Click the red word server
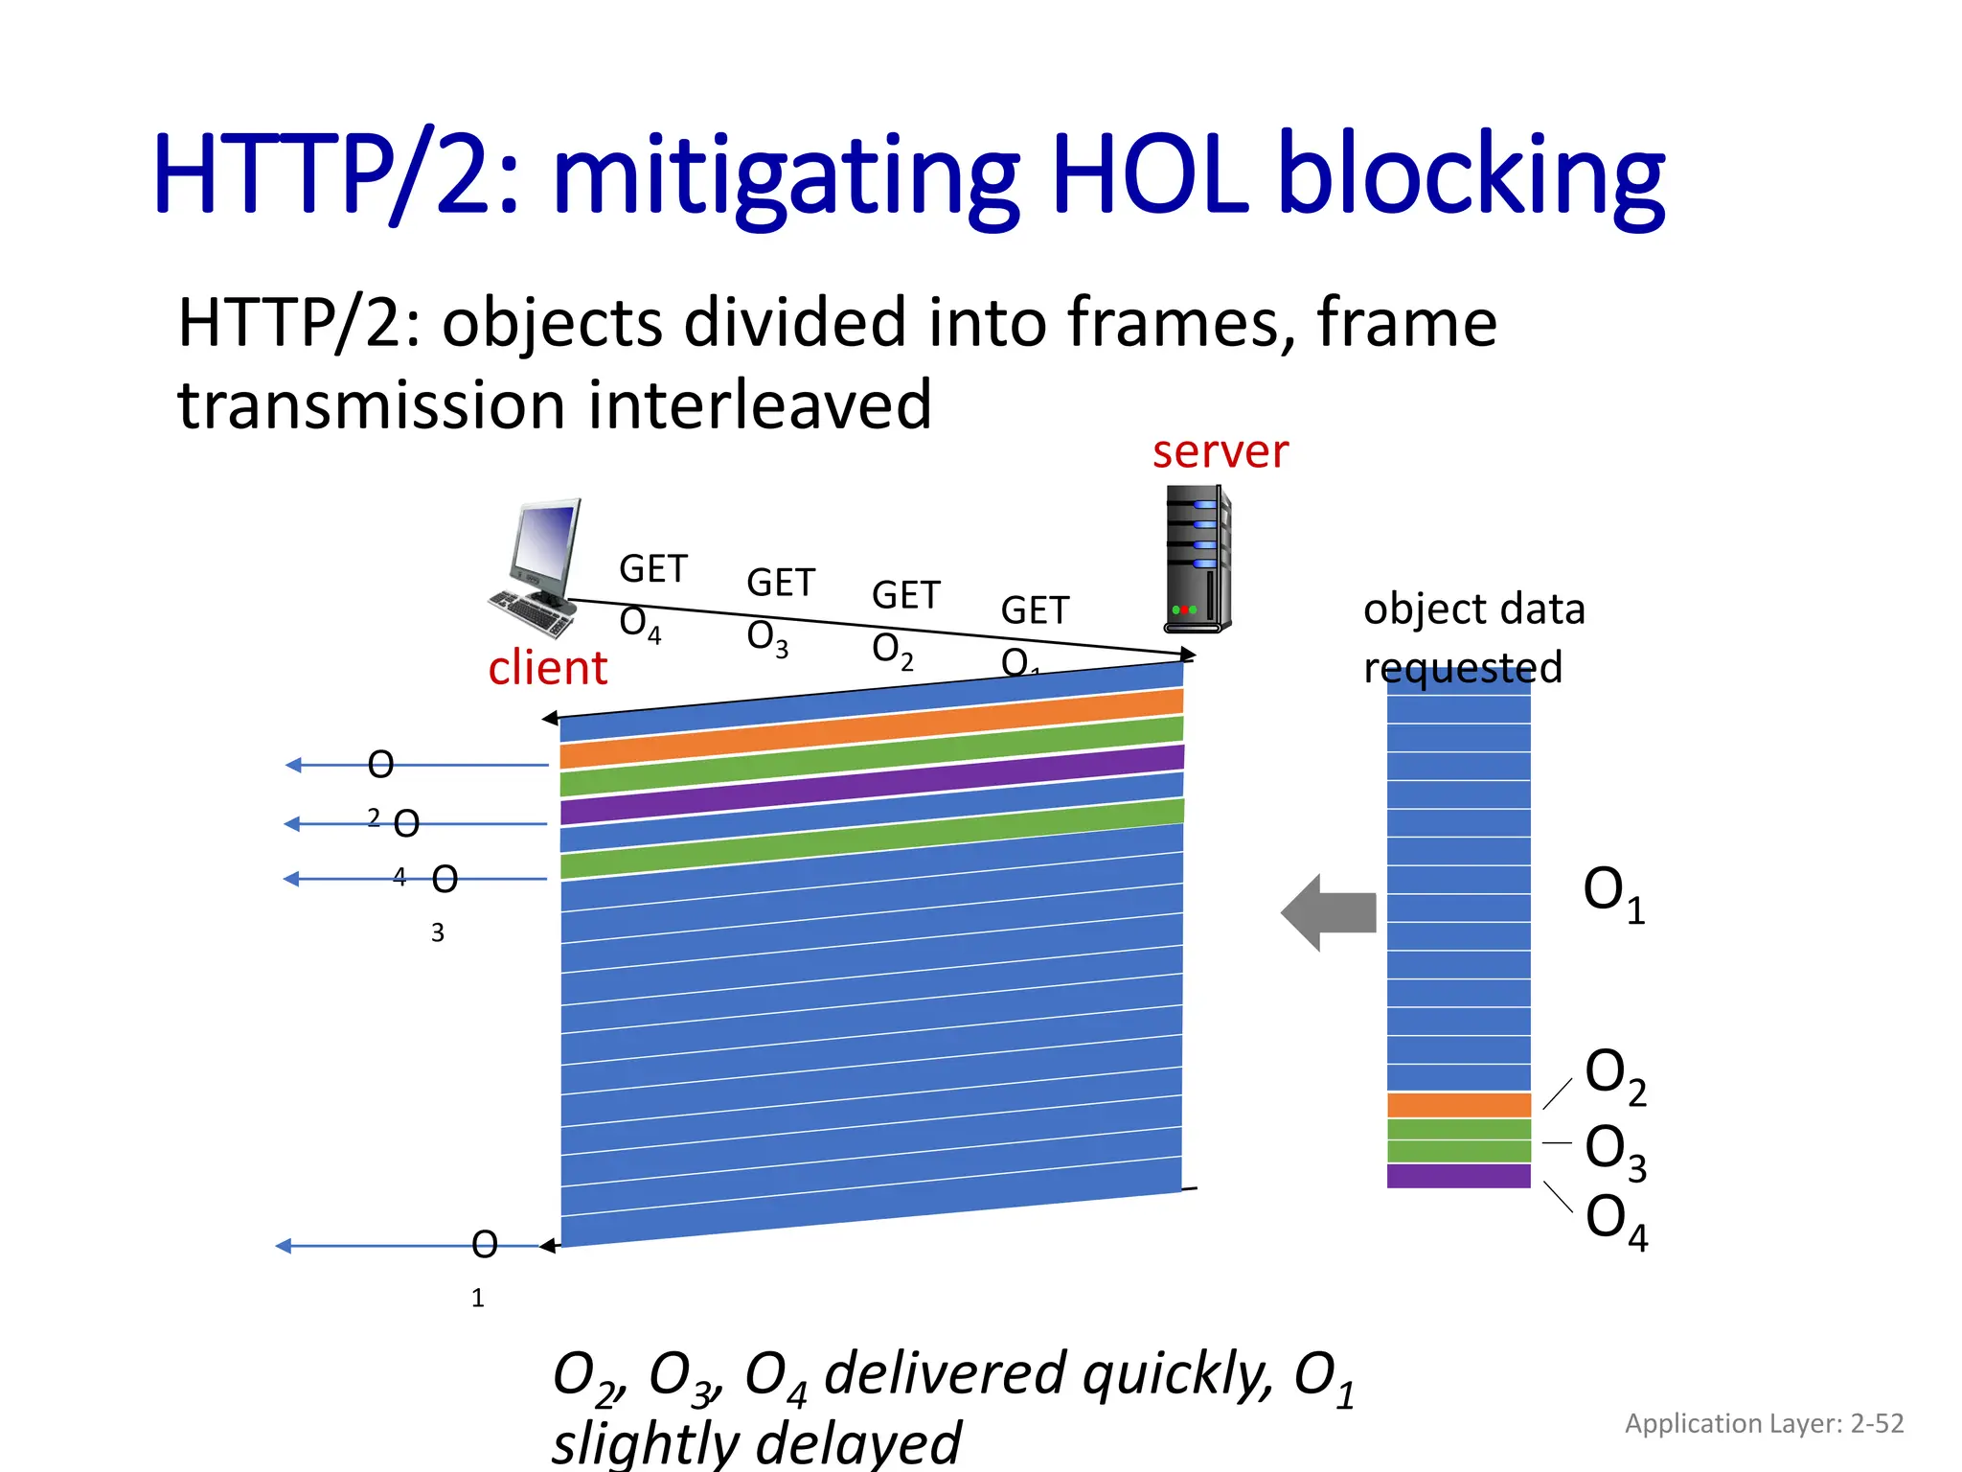click(x=1220, y=451)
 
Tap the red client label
click(x=547, y=668)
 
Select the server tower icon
click(x=1198, y=559)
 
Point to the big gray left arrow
click(x=1330, y=912)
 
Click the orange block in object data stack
click(x=1458, y=1105)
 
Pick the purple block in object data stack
click(x=1458, y=1176)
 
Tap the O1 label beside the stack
click(x=1613, y=893)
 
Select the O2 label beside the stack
click(x=1614, y=1075)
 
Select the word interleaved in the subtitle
click(x=759, y=404)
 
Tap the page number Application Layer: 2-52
click(x=1764, y=1423)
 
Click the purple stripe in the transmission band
click(x=872, y=784)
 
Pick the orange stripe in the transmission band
click(x=872, y=729)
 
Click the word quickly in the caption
click(x=1178, y=1372)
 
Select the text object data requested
click(x=1472, y=637)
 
